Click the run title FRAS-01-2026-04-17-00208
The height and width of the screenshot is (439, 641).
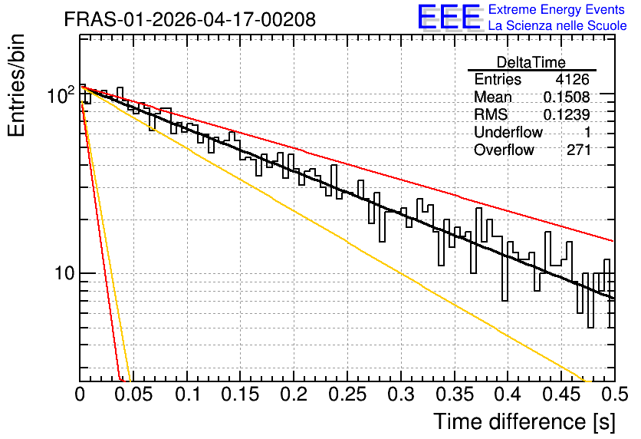tap(190, 19)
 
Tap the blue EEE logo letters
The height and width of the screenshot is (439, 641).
tap(449, 17)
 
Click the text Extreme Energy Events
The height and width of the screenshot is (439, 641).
tap(557, 9)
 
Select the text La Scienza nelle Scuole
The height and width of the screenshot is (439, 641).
tap(557, 25)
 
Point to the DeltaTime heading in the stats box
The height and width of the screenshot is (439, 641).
tap(531, 62)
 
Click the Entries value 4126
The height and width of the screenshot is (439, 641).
tap(572, 79)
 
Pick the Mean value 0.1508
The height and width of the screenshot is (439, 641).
tap(567, 97)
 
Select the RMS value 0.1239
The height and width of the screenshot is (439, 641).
tap(567, 115)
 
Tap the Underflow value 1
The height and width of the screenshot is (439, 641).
tap(587, 132)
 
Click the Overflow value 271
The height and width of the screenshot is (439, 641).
tap(578, 150)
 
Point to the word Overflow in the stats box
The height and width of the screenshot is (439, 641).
tap(504, 150)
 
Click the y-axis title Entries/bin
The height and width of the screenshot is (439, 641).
tap(16, 86)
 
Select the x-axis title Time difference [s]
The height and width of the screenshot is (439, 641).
tap(524, 421)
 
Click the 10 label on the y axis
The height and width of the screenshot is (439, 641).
tap(64, 273)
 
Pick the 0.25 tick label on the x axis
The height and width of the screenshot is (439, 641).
tap(347, 394)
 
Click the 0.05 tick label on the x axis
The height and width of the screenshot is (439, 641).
tap(133, 394)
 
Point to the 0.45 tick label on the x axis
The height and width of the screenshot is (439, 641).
tap(561, 394)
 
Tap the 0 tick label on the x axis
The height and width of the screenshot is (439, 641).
tap(80, 394)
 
